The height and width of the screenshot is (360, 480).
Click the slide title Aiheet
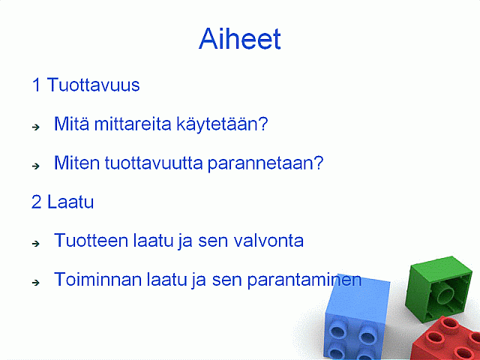[x=240, y=38]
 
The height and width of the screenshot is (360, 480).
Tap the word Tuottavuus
[x=93, y=85]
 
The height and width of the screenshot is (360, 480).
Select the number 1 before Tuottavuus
[x=37, y=85]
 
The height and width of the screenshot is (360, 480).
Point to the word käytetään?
[x=222, y=124]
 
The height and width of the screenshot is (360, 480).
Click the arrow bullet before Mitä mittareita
[x=36, y=127]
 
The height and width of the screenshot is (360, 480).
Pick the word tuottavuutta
[x=154, y=163]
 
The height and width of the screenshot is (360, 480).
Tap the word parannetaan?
[x=265, y=164]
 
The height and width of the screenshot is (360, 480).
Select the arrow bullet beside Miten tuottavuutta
[x=36, y=166]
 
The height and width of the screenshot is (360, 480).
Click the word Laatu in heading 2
[x=70, y=202]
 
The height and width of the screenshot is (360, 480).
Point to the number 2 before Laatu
[x=37, y=202]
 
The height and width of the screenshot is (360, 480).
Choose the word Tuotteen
[x=91, y=241]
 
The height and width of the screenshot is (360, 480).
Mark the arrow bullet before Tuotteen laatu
[x=36, y=244]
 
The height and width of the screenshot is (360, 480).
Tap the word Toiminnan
[x=98, y=280]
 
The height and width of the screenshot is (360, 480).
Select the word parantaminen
[x=304, y=280]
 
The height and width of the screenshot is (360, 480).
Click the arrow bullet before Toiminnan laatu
[x=36, y=283]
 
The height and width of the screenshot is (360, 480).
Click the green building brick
[x=438, y=289]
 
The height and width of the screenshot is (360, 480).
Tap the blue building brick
[x=357, y=316]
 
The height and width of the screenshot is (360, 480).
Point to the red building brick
[x=448, y=340]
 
